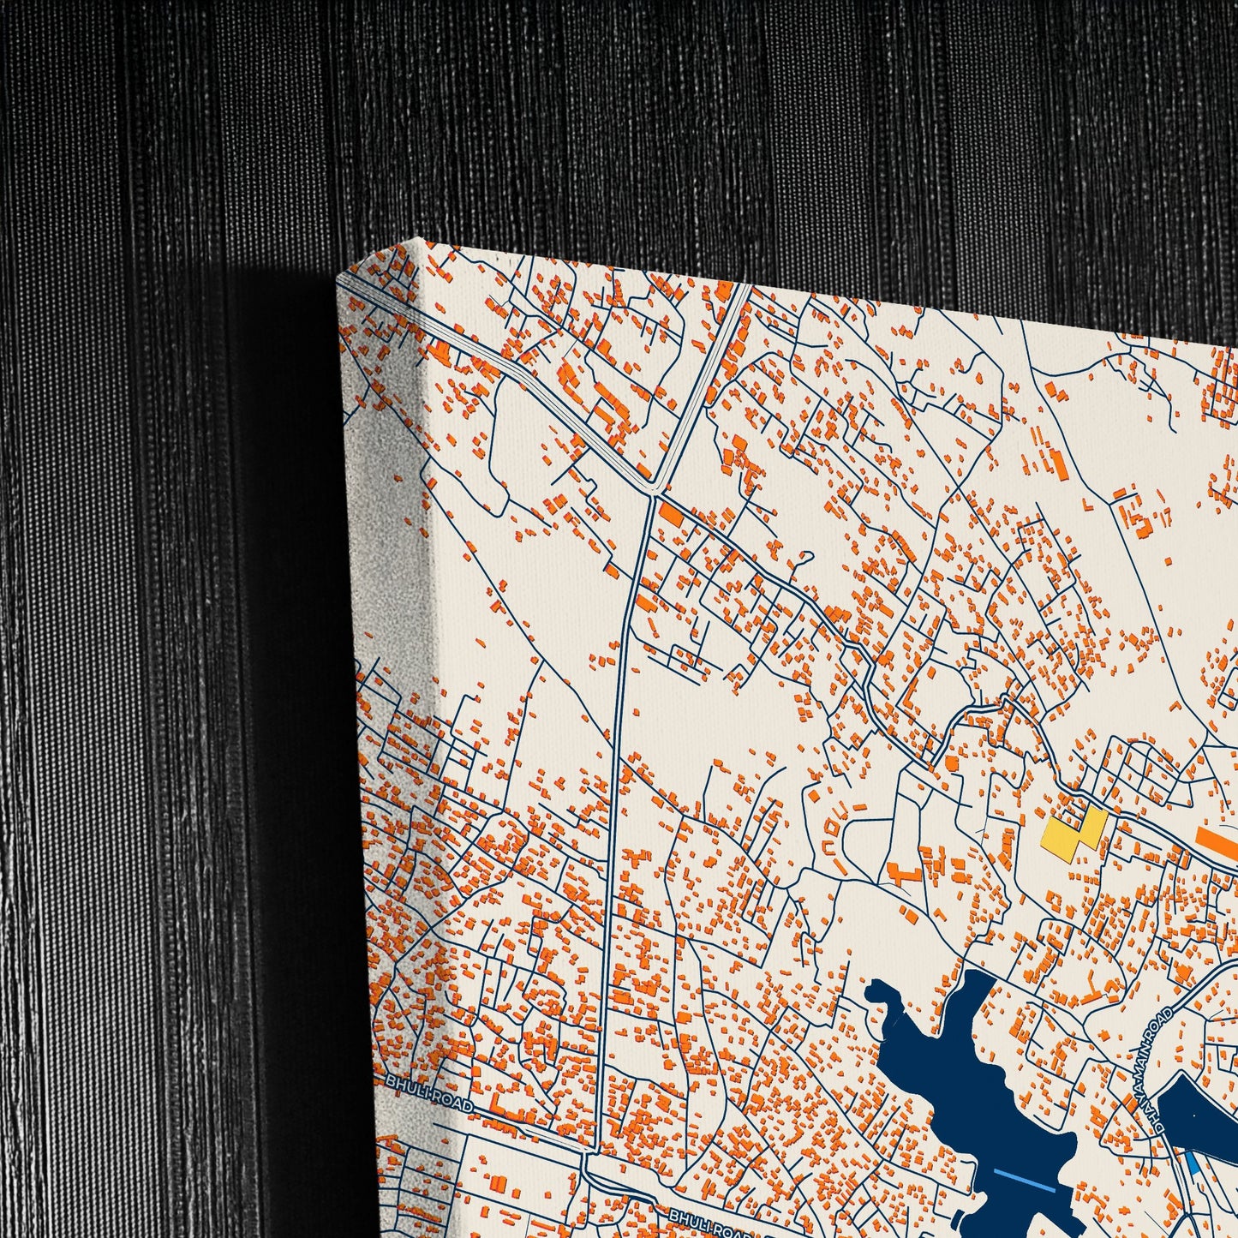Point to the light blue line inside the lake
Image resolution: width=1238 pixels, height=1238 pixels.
click(x=1023, y=1182)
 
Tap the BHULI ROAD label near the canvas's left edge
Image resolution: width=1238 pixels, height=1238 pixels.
click(x=428, y=1094)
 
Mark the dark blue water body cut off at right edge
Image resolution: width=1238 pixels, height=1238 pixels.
click(x=1199, y=1114)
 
